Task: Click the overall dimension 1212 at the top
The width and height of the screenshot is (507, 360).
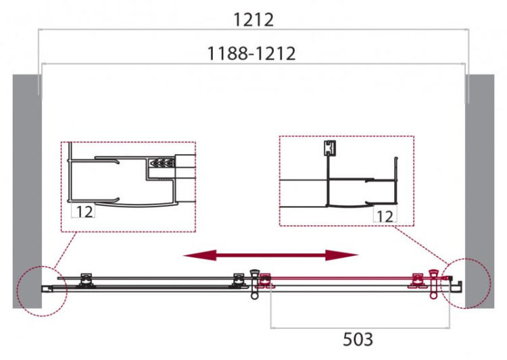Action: click(254, 20)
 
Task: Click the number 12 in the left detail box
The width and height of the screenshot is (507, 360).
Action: click(84, 211)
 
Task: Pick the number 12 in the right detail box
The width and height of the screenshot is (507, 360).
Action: click(384, 215)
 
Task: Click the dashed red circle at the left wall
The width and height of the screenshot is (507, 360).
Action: click(43, 287)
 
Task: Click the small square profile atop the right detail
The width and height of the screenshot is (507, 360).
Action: click(329, 148)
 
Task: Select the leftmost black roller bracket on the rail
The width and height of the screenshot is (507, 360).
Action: click(86, 278)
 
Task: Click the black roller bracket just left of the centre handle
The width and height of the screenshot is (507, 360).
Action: click(238, 278)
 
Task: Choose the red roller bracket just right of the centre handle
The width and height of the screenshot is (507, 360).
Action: click(265, 280)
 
